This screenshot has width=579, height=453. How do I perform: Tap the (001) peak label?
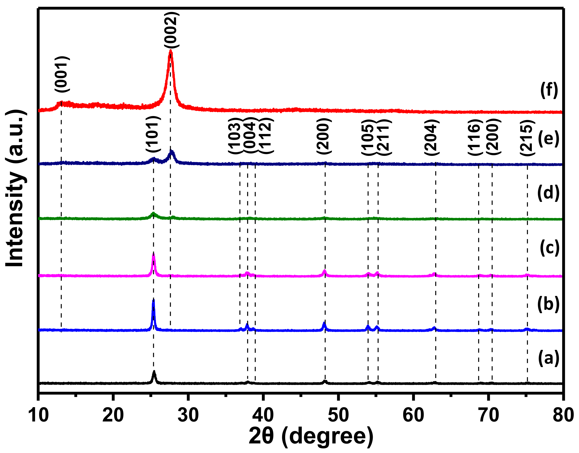point(62,74)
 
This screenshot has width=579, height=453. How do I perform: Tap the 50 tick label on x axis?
point(338,415)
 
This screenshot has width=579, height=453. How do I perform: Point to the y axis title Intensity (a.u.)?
point(15,188)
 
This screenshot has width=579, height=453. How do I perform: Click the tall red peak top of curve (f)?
point(171,51)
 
